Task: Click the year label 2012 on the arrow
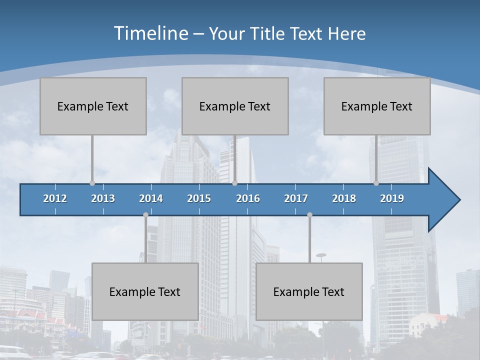(x=55, y=198)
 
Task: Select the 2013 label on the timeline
(x=103, y=198)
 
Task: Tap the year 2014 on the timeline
(x=151, y=198)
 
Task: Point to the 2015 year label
(x=199, y=198)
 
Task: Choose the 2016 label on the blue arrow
(x=248, y=198)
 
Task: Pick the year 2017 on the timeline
(x=296, y=198)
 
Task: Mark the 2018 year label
(x=344, y=198)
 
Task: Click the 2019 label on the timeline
(x=392, y=198)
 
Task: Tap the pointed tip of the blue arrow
(x=458, y=200)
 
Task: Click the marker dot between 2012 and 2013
(x=92, y=183)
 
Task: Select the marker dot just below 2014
(x=145, y=214)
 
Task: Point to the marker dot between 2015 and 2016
(x=234, y=183)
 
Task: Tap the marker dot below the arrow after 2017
(x=309, y=214)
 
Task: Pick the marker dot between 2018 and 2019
(x=376, y=183)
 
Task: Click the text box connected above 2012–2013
(x=93, y=106)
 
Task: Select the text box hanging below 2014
(x=145, y=291)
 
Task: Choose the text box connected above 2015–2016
(x=235, y=106)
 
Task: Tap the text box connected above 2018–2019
(x=377, y=106)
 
